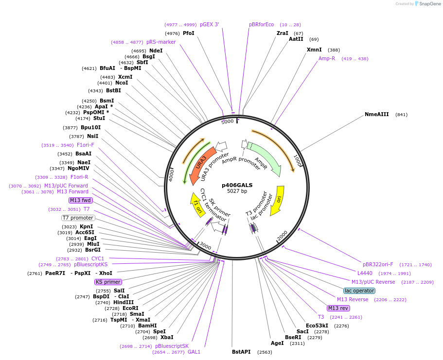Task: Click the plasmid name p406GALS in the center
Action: tap(237, 185)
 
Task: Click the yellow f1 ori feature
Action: tap(197, 206)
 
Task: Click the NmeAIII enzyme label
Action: tap(376, 115)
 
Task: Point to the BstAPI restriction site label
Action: tap(241, 352)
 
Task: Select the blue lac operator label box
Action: tap(359, 291)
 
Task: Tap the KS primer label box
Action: tap(108, 282)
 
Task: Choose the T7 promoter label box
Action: tap(78, 218)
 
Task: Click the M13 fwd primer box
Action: tap(80, 200)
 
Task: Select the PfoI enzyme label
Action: tap(188, 33)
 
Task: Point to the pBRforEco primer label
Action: tap(261, 24)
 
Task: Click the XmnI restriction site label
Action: tap(314, 50)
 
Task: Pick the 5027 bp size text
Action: tap(237, 191)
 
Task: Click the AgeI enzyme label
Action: tap(277, 343)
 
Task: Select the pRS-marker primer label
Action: tap(160, 42)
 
